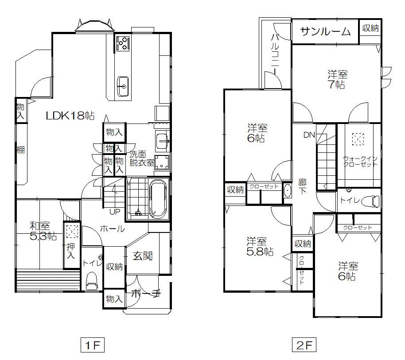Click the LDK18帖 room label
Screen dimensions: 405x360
(70, 116)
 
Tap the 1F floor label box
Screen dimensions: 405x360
(92, 345)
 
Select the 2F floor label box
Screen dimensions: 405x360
(304, 345)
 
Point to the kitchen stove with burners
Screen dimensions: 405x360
(122, 43)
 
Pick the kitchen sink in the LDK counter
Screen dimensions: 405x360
(123, 86)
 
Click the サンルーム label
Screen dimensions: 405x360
(325, 31)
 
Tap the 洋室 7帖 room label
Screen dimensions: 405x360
(337, 80)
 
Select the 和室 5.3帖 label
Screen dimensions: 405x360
(43, 231)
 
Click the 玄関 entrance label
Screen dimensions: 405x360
(143, 256)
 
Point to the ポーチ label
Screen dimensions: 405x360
(146, 294)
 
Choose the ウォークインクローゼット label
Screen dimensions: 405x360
(360, 161)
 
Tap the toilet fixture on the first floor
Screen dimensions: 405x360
(92, 281)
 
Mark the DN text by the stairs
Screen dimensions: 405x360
(309, 135)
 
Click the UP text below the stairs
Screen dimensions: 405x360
(115, 212)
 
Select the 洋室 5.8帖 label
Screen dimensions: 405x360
(260, 247)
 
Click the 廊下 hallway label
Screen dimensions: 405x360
(302, 187)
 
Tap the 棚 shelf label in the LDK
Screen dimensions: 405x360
(21, 150)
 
